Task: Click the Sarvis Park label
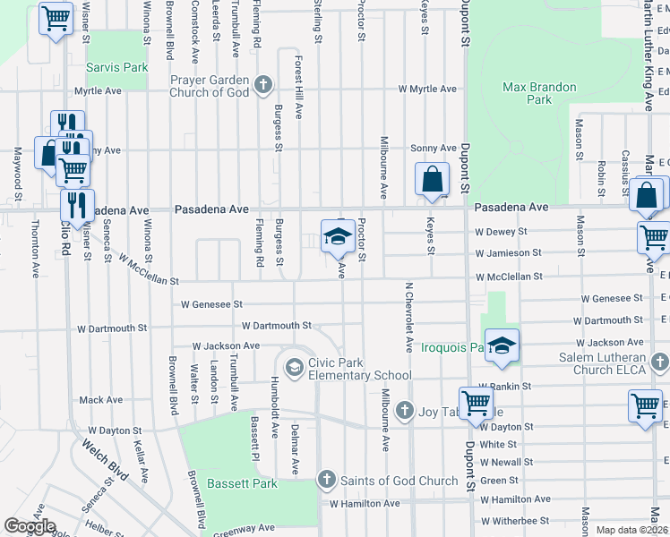116,67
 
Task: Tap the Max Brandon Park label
539,94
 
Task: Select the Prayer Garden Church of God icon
262,86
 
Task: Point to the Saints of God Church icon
327,481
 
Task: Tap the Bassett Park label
242,483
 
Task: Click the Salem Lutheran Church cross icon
660,362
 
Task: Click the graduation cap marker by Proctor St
337,236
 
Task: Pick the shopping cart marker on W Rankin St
475,401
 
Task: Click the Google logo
30,526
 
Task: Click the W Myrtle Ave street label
427,89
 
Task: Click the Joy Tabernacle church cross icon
404,411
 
